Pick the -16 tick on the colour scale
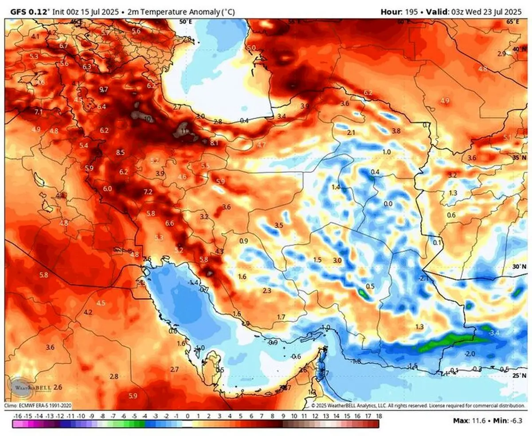tap(18, 417)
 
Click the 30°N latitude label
tap(517, 267)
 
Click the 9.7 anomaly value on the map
tap(104, 90)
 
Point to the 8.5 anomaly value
tap(120, 152)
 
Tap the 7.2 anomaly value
tap(148, 192)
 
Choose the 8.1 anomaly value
tap(215, 143)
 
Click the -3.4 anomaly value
tap(493, 332)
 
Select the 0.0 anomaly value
tap(388, 204)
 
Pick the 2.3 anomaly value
tap(267, 291)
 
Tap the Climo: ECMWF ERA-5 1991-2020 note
tap(38, 405)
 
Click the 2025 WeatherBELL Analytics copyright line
tap(412, 405)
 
